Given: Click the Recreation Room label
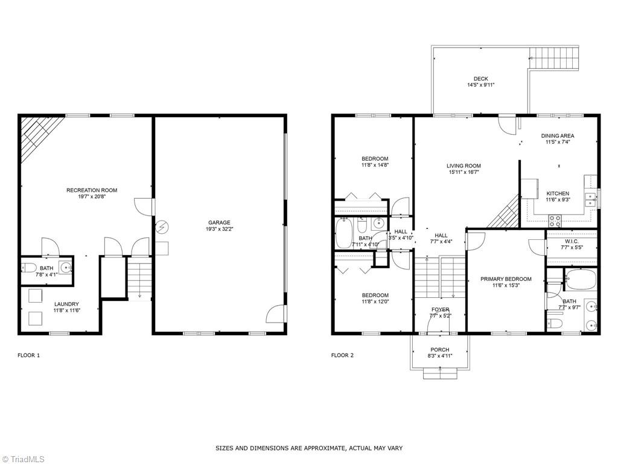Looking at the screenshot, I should click(x=92, y=190).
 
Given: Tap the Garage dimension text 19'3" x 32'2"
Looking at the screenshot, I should click(x=220, y=230).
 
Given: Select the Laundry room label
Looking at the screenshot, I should click(x=66, y=304).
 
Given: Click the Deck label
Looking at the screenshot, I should click(x=480, y=79).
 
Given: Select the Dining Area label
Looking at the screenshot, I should click(x=558, y=136).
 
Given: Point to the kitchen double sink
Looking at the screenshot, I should click(x=590, y=199).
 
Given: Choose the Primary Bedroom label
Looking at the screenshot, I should click(x=506, y=279).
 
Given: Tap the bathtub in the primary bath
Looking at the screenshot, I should click(x=581, y=280).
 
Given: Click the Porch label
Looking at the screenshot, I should click(x=439, y=350).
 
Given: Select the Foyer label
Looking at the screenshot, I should click(x=439, y=310).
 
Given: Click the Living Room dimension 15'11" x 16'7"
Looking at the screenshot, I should click(x=463, y=172).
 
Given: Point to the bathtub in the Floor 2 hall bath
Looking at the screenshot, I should click(x=345, y=234).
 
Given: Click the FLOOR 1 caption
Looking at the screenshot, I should click(x=28, y=355).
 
